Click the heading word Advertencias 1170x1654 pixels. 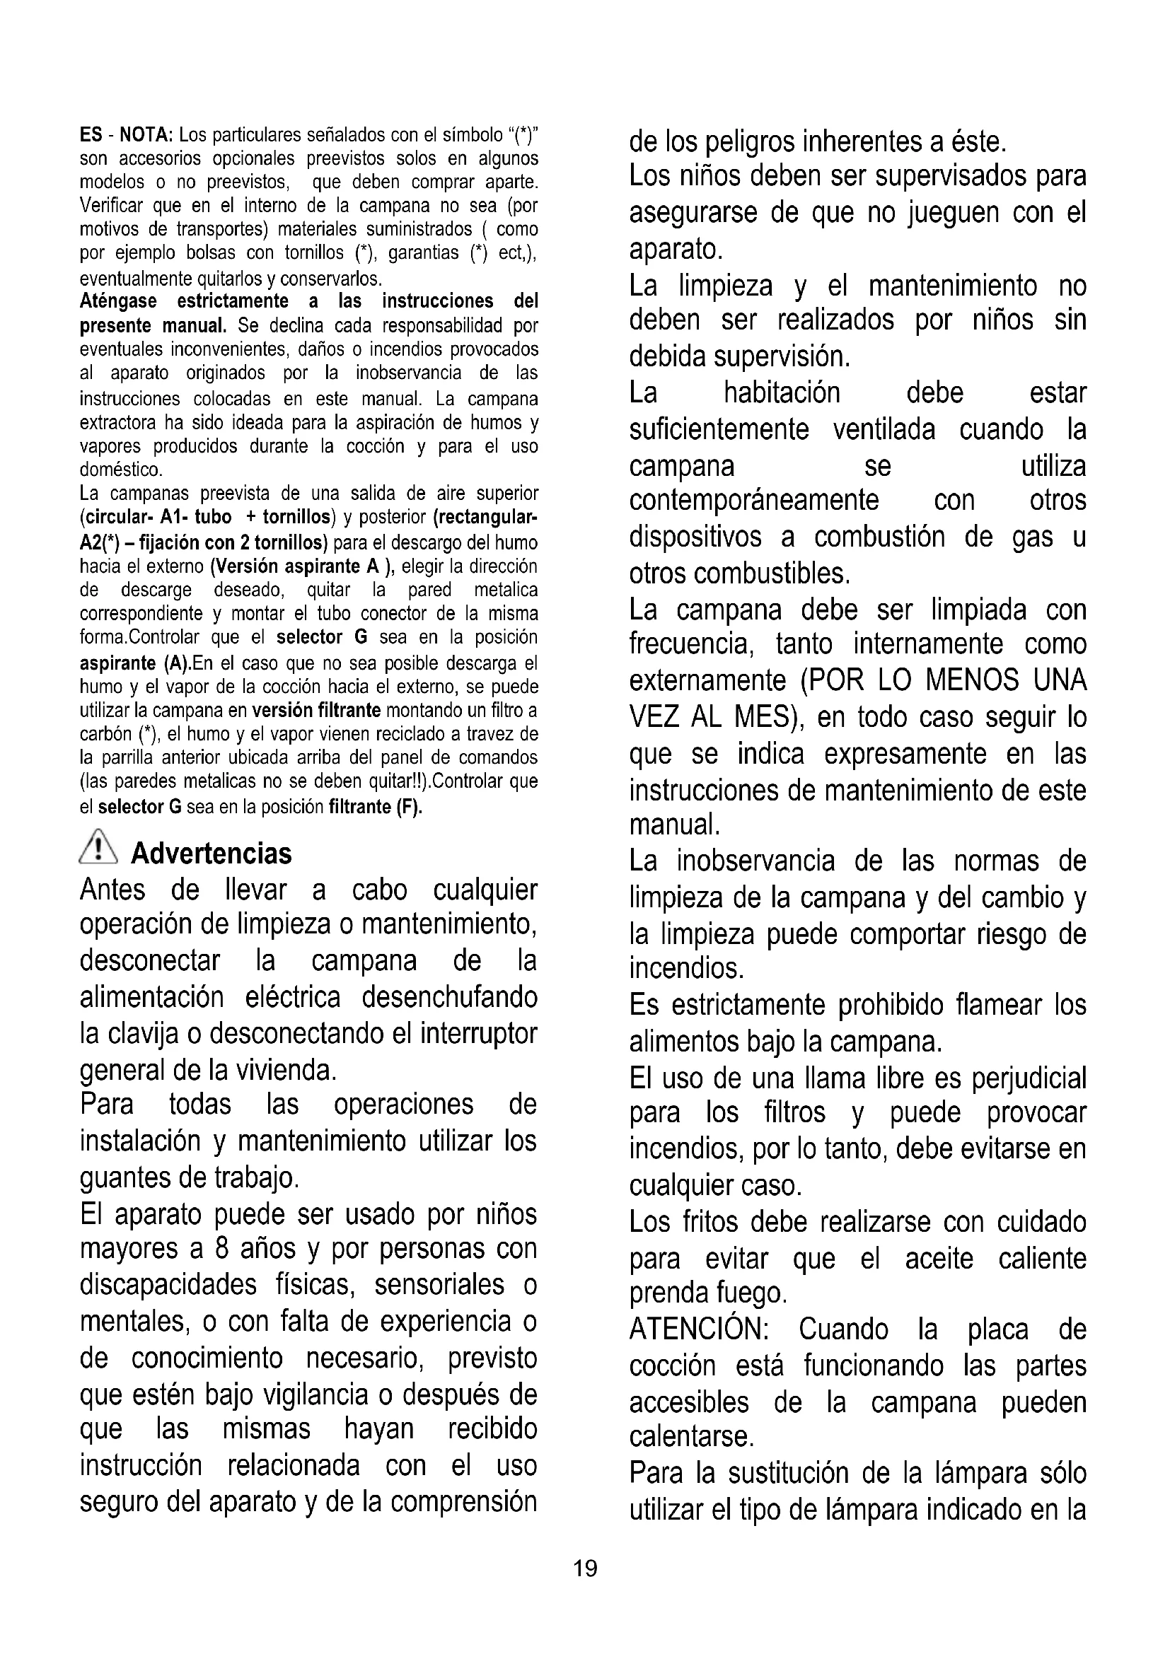[x=211, y=853]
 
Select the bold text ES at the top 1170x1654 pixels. [x=90, y=135]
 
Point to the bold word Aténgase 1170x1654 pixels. [x=117, y=301]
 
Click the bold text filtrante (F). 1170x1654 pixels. [x=375, y=807]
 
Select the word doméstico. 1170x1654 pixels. [x=121, y=470]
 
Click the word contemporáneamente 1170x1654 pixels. [x=753, y=500]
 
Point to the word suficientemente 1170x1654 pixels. [x=719, y=430]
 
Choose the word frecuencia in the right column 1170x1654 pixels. [x=691, y=644]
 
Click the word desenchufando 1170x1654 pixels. [x=450, y=998]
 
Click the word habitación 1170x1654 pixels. [x=782, y=393]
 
